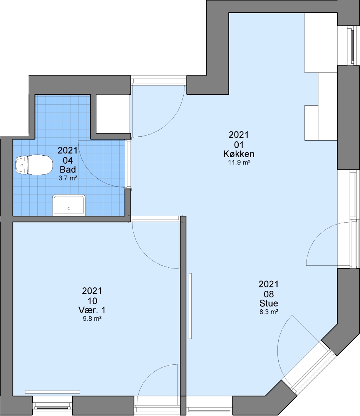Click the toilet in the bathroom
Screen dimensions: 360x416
(34, 165)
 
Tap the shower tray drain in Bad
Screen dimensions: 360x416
(69, 208)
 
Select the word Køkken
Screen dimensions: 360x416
(239, 154)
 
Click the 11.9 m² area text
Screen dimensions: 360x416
(239, 163)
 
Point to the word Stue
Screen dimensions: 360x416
(269, 303)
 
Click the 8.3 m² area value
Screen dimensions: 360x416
(269, 312)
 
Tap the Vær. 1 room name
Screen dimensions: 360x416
(92, 310)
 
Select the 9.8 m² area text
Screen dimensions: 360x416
(92, 319)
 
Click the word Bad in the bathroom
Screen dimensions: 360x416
(68, 169)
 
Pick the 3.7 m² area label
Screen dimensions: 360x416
(68, 178)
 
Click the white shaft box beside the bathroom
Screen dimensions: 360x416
(112, 114)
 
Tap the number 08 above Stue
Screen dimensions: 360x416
(269, 294)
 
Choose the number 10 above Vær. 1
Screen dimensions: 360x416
(92, 301)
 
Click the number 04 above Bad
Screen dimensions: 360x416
(68, 160)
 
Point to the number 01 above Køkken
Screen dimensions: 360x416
(239, 144)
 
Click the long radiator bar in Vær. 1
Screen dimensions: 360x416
(52, 392)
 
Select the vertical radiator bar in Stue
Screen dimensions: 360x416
(190, 306)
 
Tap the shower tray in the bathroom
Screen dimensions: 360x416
(69, 205)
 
